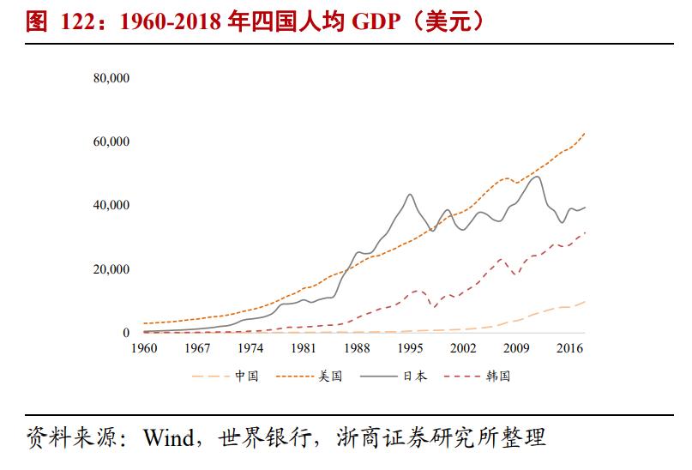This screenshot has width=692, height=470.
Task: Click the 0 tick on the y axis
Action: point(126,333)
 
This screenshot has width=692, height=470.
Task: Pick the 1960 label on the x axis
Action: point(144,348)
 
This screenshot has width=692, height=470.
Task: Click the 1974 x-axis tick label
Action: point(250,348)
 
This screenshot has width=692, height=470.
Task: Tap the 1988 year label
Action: point(357,348)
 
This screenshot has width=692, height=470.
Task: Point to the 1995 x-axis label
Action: point(410,348)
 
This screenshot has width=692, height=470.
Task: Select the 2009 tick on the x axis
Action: point(516,348)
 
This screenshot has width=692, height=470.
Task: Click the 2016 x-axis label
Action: point(569,348)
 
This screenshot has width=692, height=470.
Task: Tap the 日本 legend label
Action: point(415,376)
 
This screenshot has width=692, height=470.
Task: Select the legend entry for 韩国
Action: point(498,376)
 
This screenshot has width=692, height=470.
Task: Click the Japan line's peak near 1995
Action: point(410,195)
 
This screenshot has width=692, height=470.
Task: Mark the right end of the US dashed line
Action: point(586,133)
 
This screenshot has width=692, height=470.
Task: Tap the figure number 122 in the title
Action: point(78,21)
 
